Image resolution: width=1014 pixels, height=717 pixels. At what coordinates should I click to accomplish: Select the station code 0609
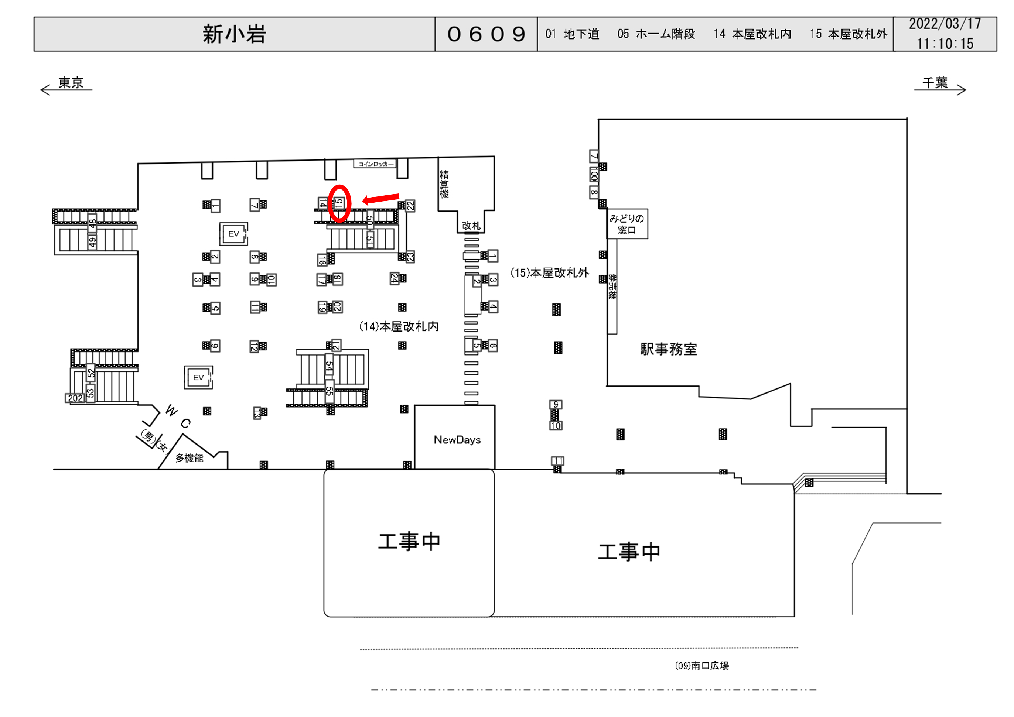point(486,34)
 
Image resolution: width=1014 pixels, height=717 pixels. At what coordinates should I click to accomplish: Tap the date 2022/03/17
point(944,24)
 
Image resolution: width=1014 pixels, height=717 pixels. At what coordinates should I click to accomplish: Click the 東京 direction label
point(71,83)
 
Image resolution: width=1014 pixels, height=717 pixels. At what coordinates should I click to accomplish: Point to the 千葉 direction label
point(935,83)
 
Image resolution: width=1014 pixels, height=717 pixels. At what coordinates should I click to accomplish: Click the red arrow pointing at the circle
point(381,199)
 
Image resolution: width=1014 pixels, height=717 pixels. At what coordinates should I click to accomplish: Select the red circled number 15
point(339,203)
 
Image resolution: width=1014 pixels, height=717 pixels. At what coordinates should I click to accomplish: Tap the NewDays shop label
point(457,440)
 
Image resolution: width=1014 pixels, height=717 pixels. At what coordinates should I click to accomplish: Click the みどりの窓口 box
point(627,224)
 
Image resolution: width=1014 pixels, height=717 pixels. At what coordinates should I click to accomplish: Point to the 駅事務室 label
point(668,349)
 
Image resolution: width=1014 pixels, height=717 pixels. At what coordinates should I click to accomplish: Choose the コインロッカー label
point(375,164)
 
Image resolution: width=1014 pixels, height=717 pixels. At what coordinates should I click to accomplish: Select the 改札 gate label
point(471,226)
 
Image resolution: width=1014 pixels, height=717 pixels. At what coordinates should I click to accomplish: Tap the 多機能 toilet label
point(190,458)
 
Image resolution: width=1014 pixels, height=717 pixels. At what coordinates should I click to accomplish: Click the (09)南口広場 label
point(702,666)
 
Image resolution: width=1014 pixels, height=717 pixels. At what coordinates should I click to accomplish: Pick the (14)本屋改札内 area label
point(398,326)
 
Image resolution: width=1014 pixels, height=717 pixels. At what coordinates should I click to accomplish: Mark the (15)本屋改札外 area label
point(549,273)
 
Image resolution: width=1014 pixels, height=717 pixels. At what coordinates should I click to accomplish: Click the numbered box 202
point(75,398)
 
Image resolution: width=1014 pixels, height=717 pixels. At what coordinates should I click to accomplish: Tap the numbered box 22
point(410,205)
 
